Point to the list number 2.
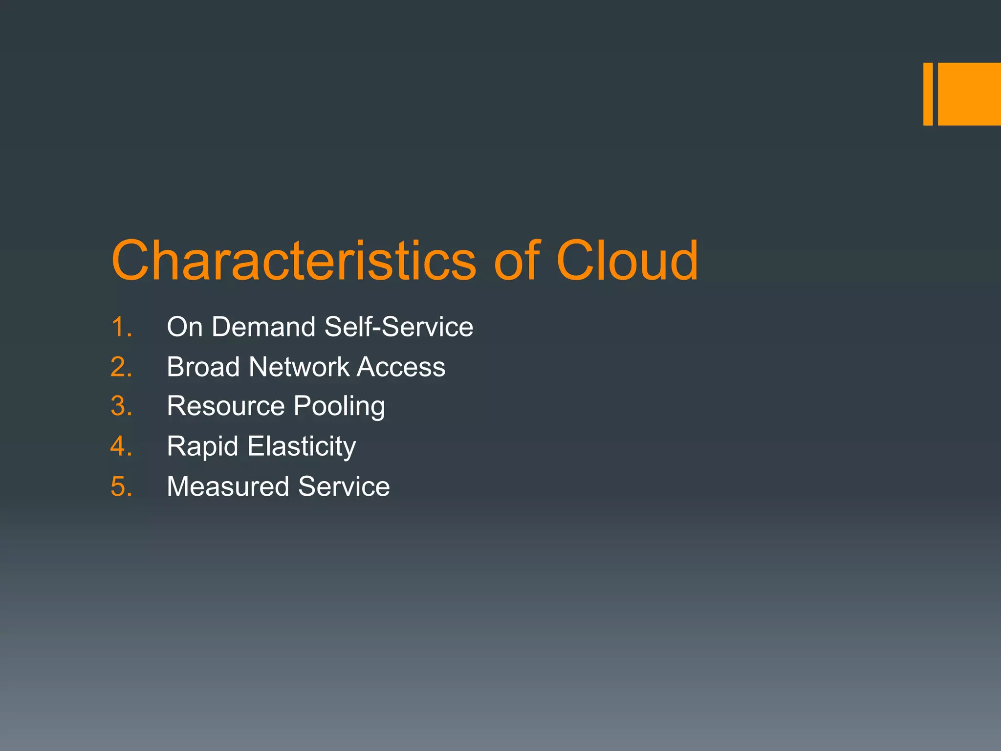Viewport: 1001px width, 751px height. click(121, 367)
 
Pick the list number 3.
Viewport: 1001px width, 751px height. click(121, 406)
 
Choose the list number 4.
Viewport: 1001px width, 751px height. click(121, 446)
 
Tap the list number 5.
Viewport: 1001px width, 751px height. click(121, 486)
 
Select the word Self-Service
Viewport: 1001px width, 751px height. click(398, 327)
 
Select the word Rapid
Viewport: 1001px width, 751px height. click(202, 446)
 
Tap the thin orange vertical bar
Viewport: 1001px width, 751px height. click(928, 94)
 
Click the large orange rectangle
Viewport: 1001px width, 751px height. click(969, 94)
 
